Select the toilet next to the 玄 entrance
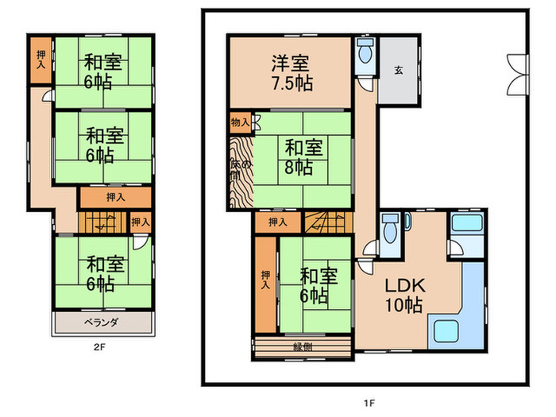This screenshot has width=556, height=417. pos(365,55)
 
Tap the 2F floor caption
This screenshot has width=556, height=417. pos(99,346)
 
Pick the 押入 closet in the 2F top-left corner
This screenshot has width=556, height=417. pos(41,61)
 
